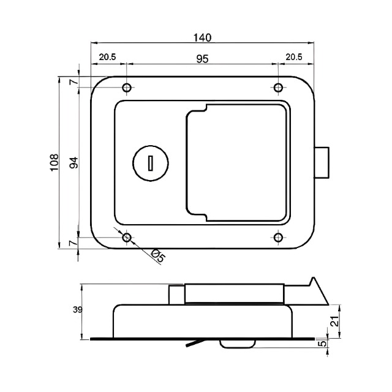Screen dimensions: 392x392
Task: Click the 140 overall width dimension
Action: tap(203, 37)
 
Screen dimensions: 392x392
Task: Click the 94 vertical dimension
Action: tap(73, 162)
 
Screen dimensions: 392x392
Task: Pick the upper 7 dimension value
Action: tap(73, 82)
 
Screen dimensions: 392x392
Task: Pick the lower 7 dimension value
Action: tap(73, 243)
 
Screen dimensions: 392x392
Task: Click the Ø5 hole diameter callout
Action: tap(157, 255)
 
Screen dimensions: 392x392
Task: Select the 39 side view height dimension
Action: tap(77, 311)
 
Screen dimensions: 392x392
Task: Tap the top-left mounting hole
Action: tap(127, 88)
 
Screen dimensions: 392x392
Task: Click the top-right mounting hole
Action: tap(278, 88)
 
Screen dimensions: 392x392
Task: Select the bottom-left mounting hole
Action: tap(127, 237)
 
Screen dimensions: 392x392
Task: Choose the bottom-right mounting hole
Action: tap(278, 237)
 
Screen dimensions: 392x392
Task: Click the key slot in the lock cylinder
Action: tap(149, 163)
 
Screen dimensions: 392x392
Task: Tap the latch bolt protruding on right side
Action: tap(323, 162)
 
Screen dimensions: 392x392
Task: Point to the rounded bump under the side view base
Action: tap(235, 344)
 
